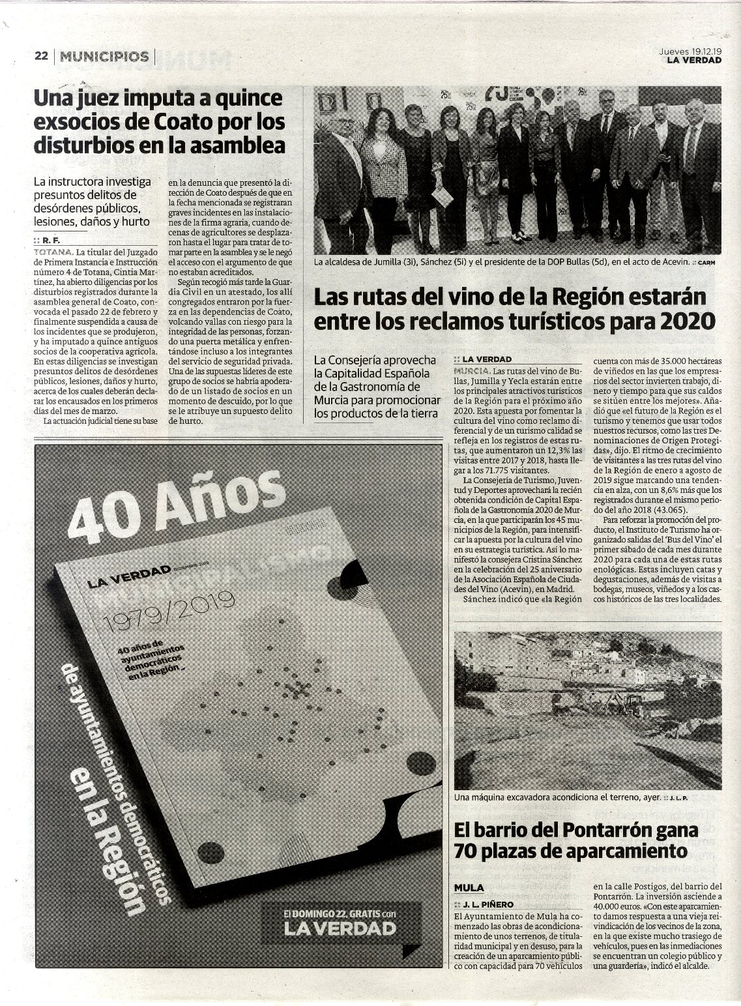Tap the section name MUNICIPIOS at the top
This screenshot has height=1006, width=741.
pos(104,56)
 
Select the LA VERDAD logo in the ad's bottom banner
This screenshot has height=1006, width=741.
pos(340,927)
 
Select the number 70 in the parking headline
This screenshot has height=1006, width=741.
pos(467,851)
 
